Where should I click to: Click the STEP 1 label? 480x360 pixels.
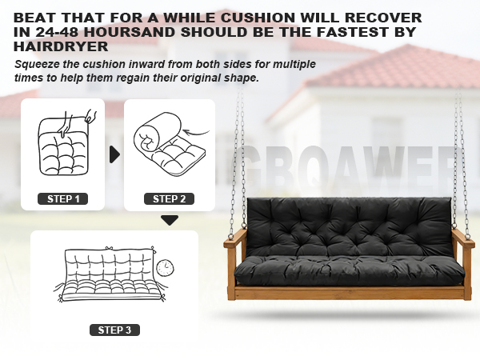point(63,198)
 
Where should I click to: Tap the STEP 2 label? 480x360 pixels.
point(170,198)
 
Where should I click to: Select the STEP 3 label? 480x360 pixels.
point(114,330)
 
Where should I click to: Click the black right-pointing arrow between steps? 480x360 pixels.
point(114,154)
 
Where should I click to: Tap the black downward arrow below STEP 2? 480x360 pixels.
point(169,220)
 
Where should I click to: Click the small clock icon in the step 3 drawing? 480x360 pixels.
point(165,267)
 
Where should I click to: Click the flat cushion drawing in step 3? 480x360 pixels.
point(108,277)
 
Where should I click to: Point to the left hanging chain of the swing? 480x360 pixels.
point(238,160)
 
